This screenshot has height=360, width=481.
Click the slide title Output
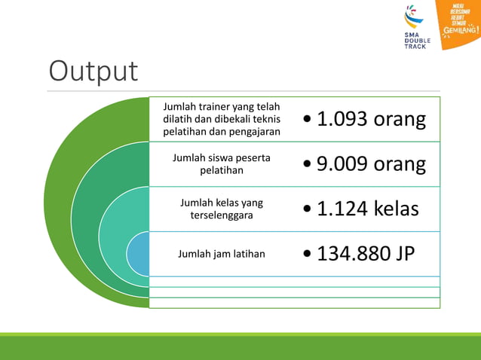(93, 71)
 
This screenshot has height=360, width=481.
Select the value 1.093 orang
(371, 119)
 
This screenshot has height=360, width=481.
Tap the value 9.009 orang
(371, 164)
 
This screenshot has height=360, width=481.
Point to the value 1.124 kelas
(367, 209)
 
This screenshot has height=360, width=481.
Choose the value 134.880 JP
(366, 254)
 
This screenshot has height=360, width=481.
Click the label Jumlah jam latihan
(222, 254)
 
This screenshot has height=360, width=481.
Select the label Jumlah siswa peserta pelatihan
(222, 164)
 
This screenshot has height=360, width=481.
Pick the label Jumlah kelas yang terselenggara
(222, 209)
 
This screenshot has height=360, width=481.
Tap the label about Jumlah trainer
(222, 119)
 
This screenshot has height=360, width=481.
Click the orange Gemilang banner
(459, 23)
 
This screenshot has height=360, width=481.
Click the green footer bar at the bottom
(240, 346)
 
